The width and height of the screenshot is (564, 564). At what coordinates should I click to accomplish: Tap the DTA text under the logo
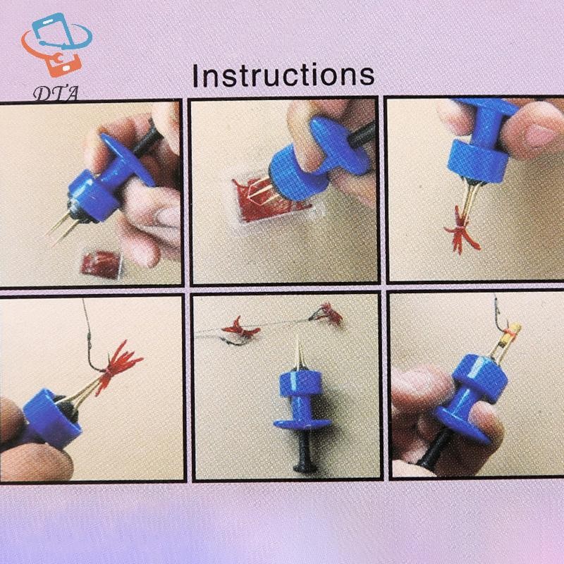click(56, 94)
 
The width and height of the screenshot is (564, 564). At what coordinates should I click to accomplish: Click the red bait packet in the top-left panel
click(101, 264)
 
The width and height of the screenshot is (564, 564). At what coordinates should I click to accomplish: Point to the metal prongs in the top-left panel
click(62, 226)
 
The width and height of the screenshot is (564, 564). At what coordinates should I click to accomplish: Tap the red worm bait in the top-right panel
click(461, 231)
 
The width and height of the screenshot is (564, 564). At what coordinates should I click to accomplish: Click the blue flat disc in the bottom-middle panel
click(302, 424)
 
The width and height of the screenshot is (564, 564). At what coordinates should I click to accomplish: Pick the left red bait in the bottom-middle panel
click(240, 328)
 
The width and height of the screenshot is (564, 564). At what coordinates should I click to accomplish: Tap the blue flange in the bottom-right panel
click(464, 427)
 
